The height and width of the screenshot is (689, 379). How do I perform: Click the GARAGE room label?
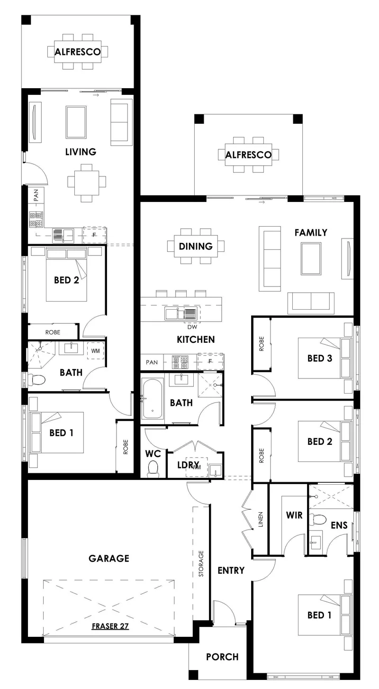(x=109, y=558)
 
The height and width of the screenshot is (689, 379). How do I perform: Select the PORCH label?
(x=222, y=657)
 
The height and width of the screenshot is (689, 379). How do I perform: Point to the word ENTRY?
(x=231, y=570)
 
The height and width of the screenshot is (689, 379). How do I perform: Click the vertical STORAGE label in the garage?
(x=201, y=563)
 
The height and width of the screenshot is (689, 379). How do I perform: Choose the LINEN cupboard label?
(x=261, y=520)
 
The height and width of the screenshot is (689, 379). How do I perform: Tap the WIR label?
(x=294, y=515)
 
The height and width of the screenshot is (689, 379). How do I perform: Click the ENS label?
(x=339, y=525)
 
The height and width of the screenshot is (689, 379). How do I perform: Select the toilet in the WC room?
(x=153, y=469)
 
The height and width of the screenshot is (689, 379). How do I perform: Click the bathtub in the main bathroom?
(x=153, y=399)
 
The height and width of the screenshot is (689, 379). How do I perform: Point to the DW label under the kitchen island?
(x=192, y=327)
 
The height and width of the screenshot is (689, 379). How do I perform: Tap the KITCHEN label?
(x=196, y=339)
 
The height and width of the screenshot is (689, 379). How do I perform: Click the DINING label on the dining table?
(x=196, y=246)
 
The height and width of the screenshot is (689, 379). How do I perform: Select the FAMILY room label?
(x=311, y=232)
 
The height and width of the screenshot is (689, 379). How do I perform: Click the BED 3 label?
(x=320, y=358)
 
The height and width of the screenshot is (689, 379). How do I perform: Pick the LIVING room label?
(x=81, y=152)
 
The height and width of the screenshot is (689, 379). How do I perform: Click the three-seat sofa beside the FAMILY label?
(x=270, y=259)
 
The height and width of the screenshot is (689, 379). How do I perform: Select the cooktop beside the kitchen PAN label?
(x=180, y=362)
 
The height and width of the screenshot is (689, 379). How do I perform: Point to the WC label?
(x=153, y=454)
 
